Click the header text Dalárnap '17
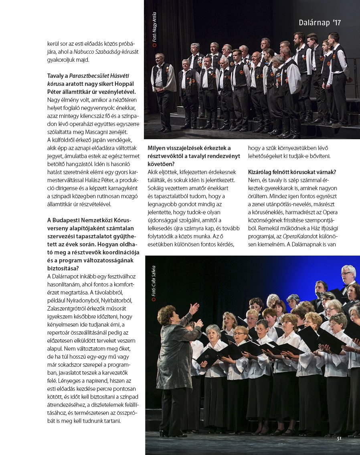pyautogui.click(x=320, y=23)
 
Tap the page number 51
pyautogui.click(x=339, y=439)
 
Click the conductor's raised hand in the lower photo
pyautogui.click(x=194, y=308)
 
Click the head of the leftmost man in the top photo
pyautogui.click(x=160, y=57)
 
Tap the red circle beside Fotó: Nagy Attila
pyautogui.click(x=154, y=45)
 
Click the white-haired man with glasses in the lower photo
pyautogui.click(x=348, y=274)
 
